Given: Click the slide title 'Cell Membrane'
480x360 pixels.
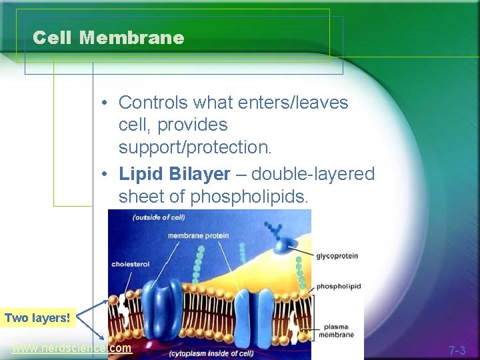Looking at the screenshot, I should coord(108,38).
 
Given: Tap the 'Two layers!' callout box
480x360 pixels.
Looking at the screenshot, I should coord(37,317).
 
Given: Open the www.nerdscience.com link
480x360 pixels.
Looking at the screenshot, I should coord(71,348).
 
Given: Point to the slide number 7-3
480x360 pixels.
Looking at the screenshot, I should coord(457,349).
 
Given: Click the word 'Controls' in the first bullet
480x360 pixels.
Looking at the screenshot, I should coord(153,103).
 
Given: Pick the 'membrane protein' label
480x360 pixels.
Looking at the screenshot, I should coord(198,235).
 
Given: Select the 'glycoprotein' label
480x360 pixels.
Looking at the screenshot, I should coord(337,255).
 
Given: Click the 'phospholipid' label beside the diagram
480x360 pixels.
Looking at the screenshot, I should coord(338,286).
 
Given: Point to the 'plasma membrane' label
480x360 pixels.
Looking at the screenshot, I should coord(339,331).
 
